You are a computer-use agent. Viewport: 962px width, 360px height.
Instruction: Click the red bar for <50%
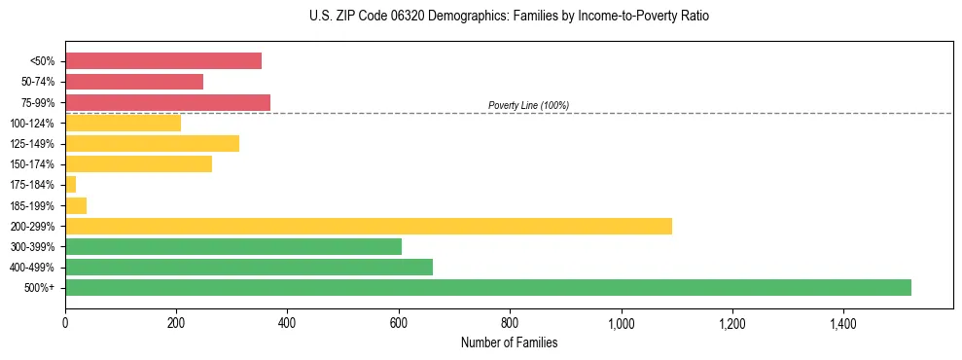click(x=162, y=61)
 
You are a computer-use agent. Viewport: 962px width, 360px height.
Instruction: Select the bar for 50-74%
click(x=134, y=82)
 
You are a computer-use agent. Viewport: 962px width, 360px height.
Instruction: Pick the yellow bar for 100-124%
click(x=123, y=123)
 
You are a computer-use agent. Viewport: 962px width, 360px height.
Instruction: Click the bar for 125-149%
click(x=152, y=144)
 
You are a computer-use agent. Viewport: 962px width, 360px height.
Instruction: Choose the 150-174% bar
click(x=138, y=164)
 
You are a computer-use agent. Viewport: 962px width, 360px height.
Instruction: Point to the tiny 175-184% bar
click(x=70, y=185)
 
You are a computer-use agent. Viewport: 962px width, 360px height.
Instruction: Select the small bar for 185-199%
click(x=76, y=205)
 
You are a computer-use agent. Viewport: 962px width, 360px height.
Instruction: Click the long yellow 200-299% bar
click(x=368, y=226)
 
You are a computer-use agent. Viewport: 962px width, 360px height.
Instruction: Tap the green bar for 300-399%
click(x=232, y=246)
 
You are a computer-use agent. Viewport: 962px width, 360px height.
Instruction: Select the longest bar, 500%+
click(x=487, y=287)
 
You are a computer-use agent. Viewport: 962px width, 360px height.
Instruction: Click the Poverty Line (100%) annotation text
click(x=528, y=105)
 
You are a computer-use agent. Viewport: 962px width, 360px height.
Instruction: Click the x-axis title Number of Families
click(x=509, y=342)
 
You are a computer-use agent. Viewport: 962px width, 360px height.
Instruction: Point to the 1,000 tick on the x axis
click(x=621, y=323)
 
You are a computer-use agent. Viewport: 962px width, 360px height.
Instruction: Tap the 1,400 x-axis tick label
click(x=842, y=323)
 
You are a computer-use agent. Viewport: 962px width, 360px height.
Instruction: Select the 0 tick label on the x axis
click(x=65, y=323)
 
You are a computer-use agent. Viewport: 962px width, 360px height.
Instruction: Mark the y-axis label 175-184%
click(x=35, y=185)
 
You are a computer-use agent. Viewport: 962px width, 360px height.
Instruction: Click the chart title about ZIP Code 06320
click(x=509, y=17)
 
